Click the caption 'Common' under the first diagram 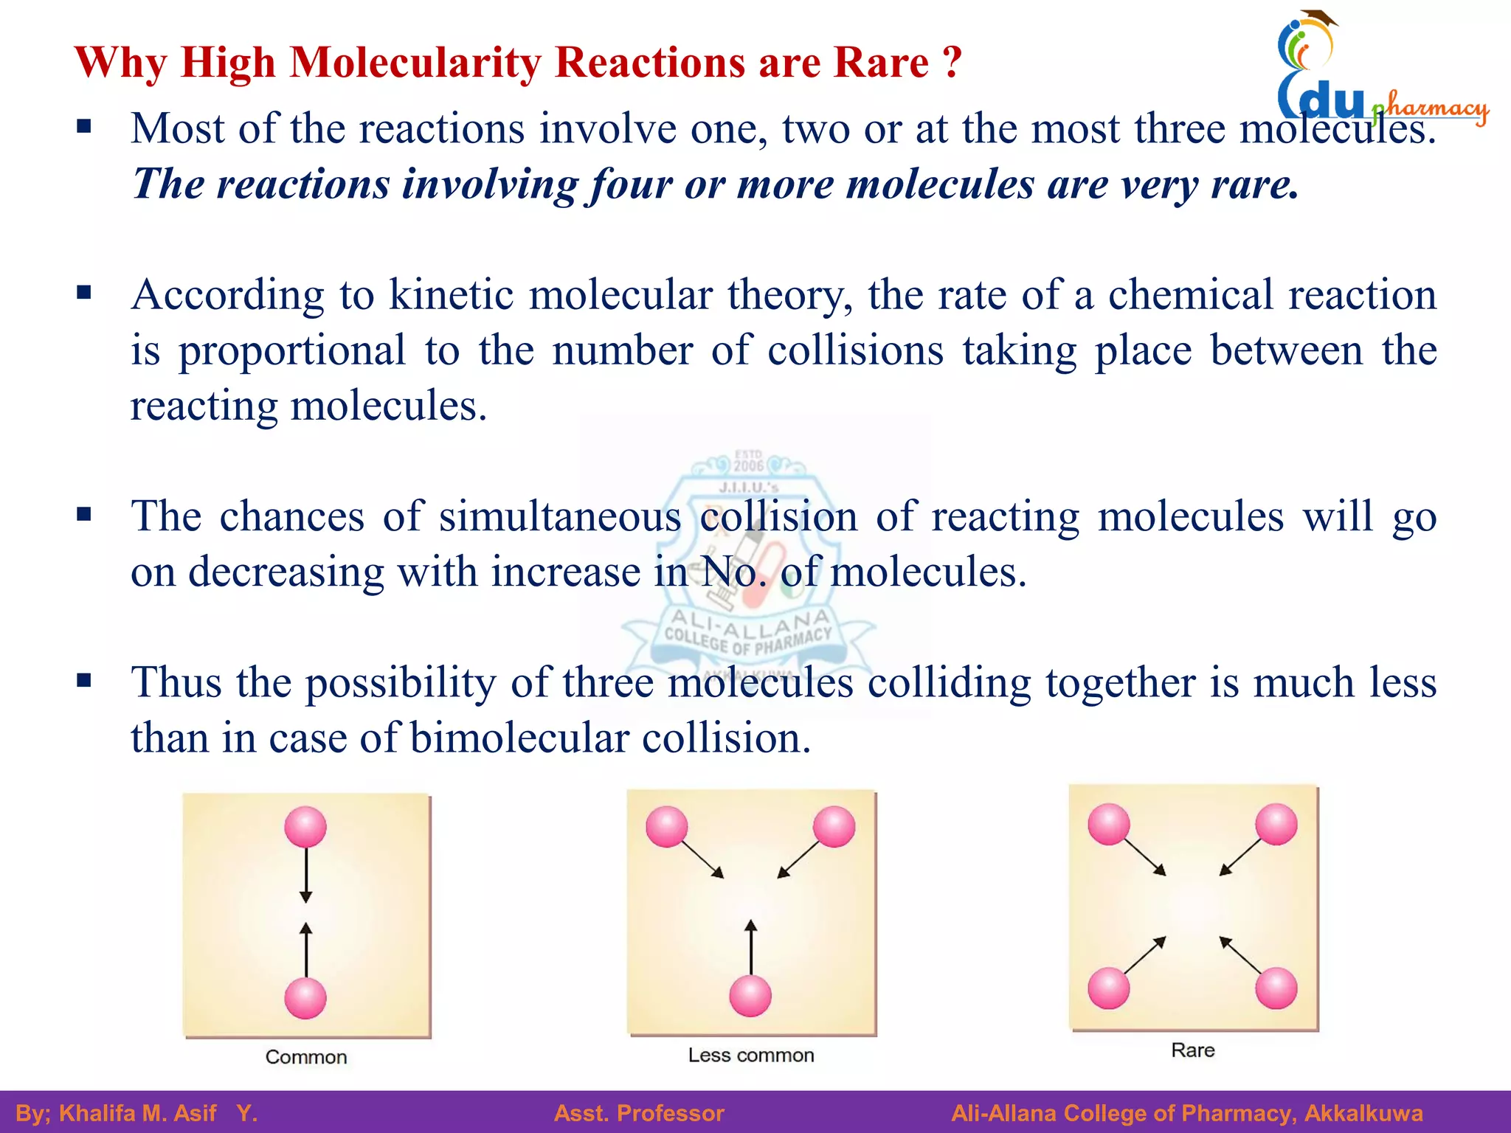(x=306, y=1057)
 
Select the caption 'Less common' (x=751, y=1056)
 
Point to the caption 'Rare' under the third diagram (x=1192, y=1050)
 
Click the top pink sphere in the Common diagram (x=305, y=827)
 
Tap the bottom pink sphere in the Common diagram (x=305, y=998)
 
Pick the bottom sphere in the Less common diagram (x=750, y=996)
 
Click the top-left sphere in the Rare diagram (x=1108, y=824)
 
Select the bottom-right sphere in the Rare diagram (x=1276, y=988)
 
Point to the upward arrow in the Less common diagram (x=751, y=947)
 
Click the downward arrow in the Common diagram (x=305, y=875)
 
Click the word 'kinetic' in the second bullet (x=451, y=295)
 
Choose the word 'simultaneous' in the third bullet (x=560, y=516)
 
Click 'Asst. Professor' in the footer (x=639, y=1113)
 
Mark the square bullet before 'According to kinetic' (x=84, y=294)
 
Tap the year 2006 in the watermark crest (x=748, y=465)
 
